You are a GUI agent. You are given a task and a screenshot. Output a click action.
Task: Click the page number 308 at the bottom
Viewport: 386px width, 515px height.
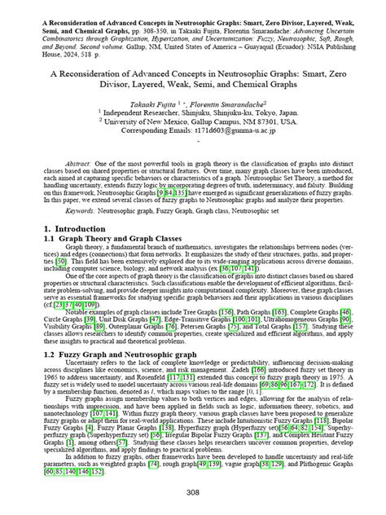193,493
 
